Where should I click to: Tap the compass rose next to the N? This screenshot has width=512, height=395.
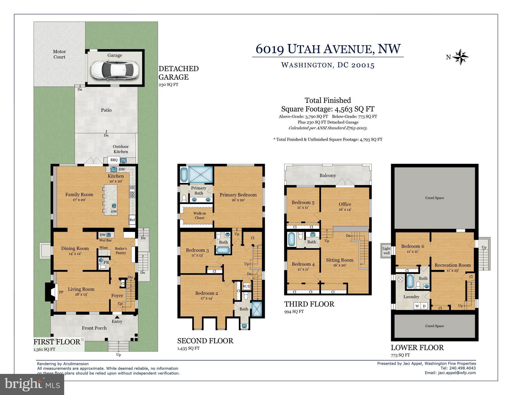pos(460,57)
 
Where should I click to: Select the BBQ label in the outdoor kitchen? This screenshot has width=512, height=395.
pos(114,160)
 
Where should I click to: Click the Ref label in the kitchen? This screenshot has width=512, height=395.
pos(132,220)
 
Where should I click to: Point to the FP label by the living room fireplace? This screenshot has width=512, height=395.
pos(61,292)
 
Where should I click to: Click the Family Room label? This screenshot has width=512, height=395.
pos(79,195)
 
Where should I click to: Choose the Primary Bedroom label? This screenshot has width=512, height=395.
pos(238,195)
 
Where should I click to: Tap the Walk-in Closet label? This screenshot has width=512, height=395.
pos(199,216)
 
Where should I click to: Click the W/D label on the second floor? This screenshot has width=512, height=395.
pos(247,286)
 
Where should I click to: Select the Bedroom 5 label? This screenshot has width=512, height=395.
pos(303,203)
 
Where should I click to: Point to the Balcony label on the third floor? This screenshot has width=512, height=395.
pos(328,175)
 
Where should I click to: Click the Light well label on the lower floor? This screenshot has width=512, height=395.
pos(387,251)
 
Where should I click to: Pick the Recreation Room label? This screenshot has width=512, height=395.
pos(453,265)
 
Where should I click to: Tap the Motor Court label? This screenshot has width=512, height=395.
pos(59,54)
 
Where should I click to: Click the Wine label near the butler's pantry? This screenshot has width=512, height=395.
pos(104,248)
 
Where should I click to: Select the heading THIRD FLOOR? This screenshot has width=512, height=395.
pos(309,304)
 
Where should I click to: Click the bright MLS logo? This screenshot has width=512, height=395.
pos(32,384)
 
